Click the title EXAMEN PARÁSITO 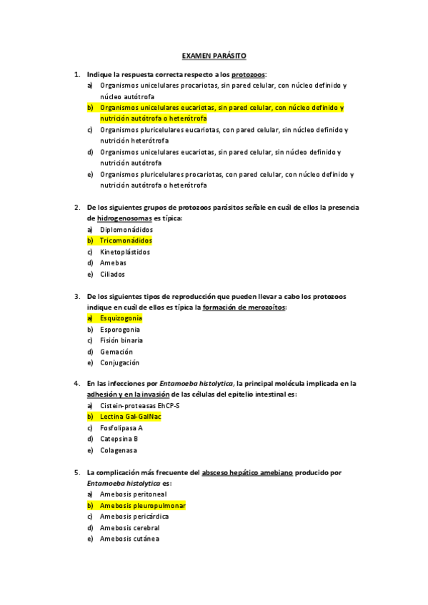click(214, 55)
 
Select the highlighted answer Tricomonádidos click(126, 241)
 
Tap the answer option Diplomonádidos click(126, 230)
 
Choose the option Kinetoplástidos click(125, 252)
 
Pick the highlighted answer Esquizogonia click(121, 318)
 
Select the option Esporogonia click(120, 330)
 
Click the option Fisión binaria click(121, 340)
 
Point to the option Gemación click(117, 352)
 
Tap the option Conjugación click(120, 362)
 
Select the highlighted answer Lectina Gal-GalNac click(130, 417)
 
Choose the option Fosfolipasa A click(121, 428)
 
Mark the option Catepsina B click(119, 439)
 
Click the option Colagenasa click(119, 450)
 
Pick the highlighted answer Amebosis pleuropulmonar click(142, 505)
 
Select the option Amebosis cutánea click(129, 539)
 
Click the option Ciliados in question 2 click(113, 274)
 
